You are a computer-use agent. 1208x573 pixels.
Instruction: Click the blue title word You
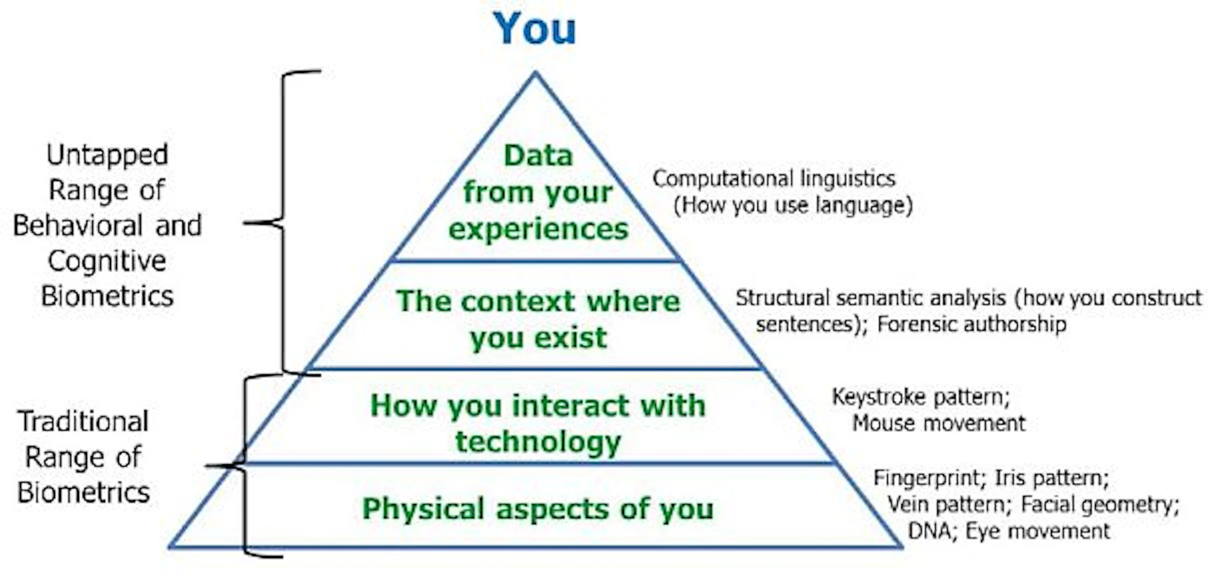coord(535,29)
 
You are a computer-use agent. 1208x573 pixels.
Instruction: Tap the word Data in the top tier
coord(538,156)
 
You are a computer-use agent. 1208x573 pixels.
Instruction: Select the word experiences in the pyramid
coord(538,229)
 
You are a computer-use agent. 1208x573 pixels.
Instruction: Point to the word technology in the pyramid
coord(538,442)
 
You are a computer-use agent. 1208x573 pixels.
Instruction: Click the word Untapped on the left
coord(108,155)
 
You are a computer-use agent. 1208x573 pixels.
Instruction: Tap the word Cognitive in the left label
coord(107,261)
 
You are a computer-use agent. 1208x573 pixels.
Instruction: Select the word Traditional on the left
coord(83,421)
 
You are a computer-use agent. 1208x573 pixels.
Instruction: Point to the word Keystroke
coord(879,397)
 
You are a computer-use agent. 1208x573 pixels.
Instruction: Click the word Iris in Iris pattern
coord(1009,478)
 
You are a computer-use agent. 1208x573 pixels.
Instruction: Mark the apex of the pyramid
coord(535,73)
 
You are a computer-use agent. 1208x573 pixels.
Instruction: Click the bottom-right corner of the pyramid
coord(901,546)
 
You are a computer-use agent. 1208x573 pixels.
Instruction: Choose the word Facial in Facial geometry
coord(1048,505)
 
